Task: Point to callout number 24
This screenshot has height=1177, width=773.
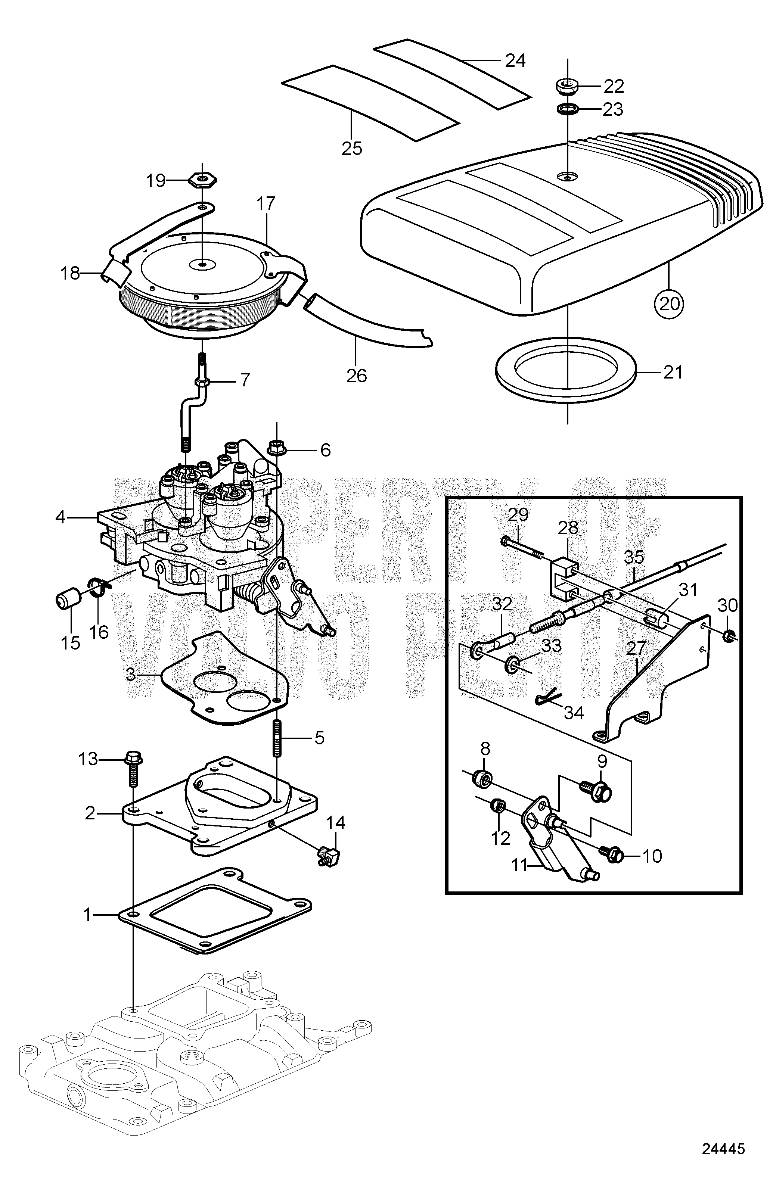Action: click(515, 60)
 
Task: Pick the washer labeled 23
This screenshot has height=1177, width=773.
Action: click(567, 108)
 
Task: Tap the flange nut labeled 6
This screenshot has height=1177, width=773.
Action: click(276, 449)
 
